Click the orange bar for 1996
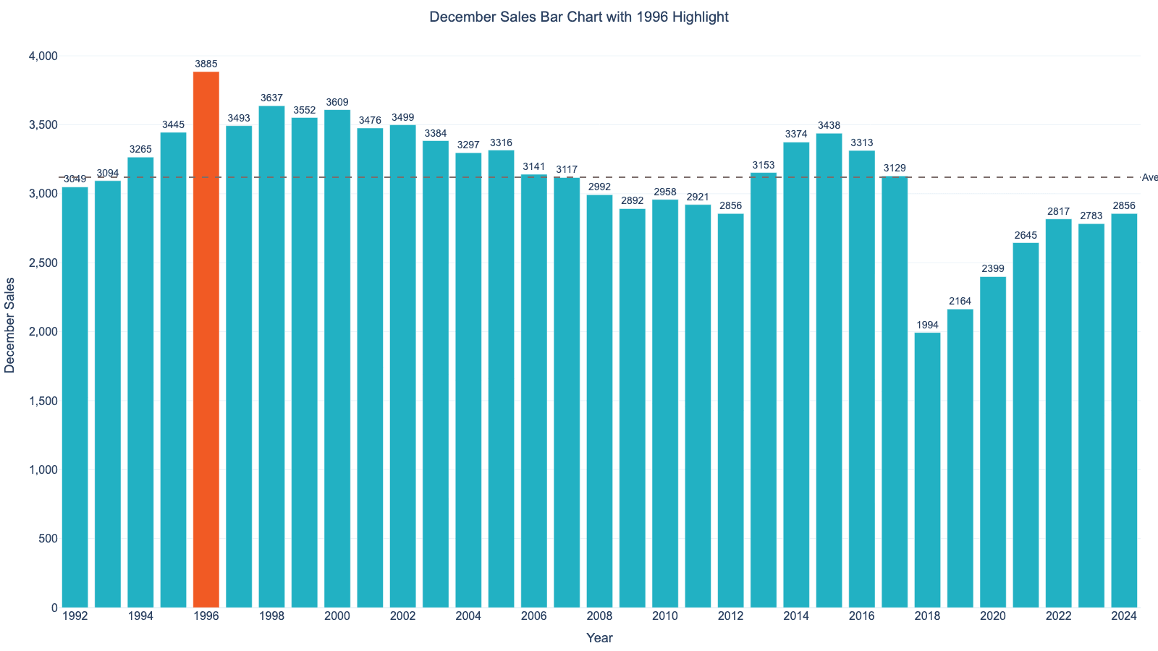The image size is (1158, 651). tap(206, 340)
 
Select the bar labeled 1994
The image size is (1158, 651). tap(140, 383)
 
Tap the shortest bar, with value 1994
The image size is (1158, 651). tap(927, 470)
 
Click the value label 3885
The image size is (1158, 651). tap(206, 64)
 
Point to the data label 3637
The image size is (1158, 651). tap(271, 98)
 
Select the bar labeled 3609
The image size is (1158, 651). tap(337, 362)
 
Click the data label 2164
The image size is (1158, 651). tap(960, 302)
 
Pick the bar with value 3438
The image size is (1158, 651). tap(829, 369)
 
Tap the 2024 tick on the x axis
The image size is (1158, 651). tap(1124, 616)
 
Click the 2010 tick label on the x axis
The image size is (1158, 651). tap(665, 616)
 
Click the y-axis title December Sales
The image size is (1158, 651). tap(10, 325)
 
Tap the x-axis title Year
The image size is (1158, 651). tap(599, 638)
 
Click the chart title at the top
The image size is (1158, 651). tap(578, 17)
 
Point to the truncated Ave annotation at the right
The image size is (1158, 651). tap(1149, 178)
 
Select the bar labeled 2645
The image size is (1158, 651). tap(1026, 427)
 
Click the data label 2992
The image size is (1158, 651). tap(599, 187)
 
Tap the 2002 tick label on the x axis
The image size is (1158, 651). tap(402, 616)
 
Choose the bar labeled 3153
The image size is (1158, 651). tap(764, 391)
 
